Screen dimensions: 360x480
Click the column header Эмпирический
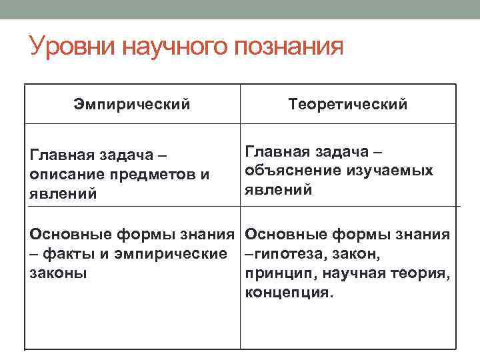click(x=132, y=105)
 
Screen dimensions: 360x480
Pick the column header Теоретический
click(x=347, y=105)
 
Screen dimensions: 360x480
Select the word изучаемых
click(x=389, y=171)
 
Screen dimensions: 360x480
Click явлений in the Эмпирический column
click(x=63, y=193)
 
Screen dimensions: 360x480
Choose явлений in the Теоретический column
click(x=279, y=190)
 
